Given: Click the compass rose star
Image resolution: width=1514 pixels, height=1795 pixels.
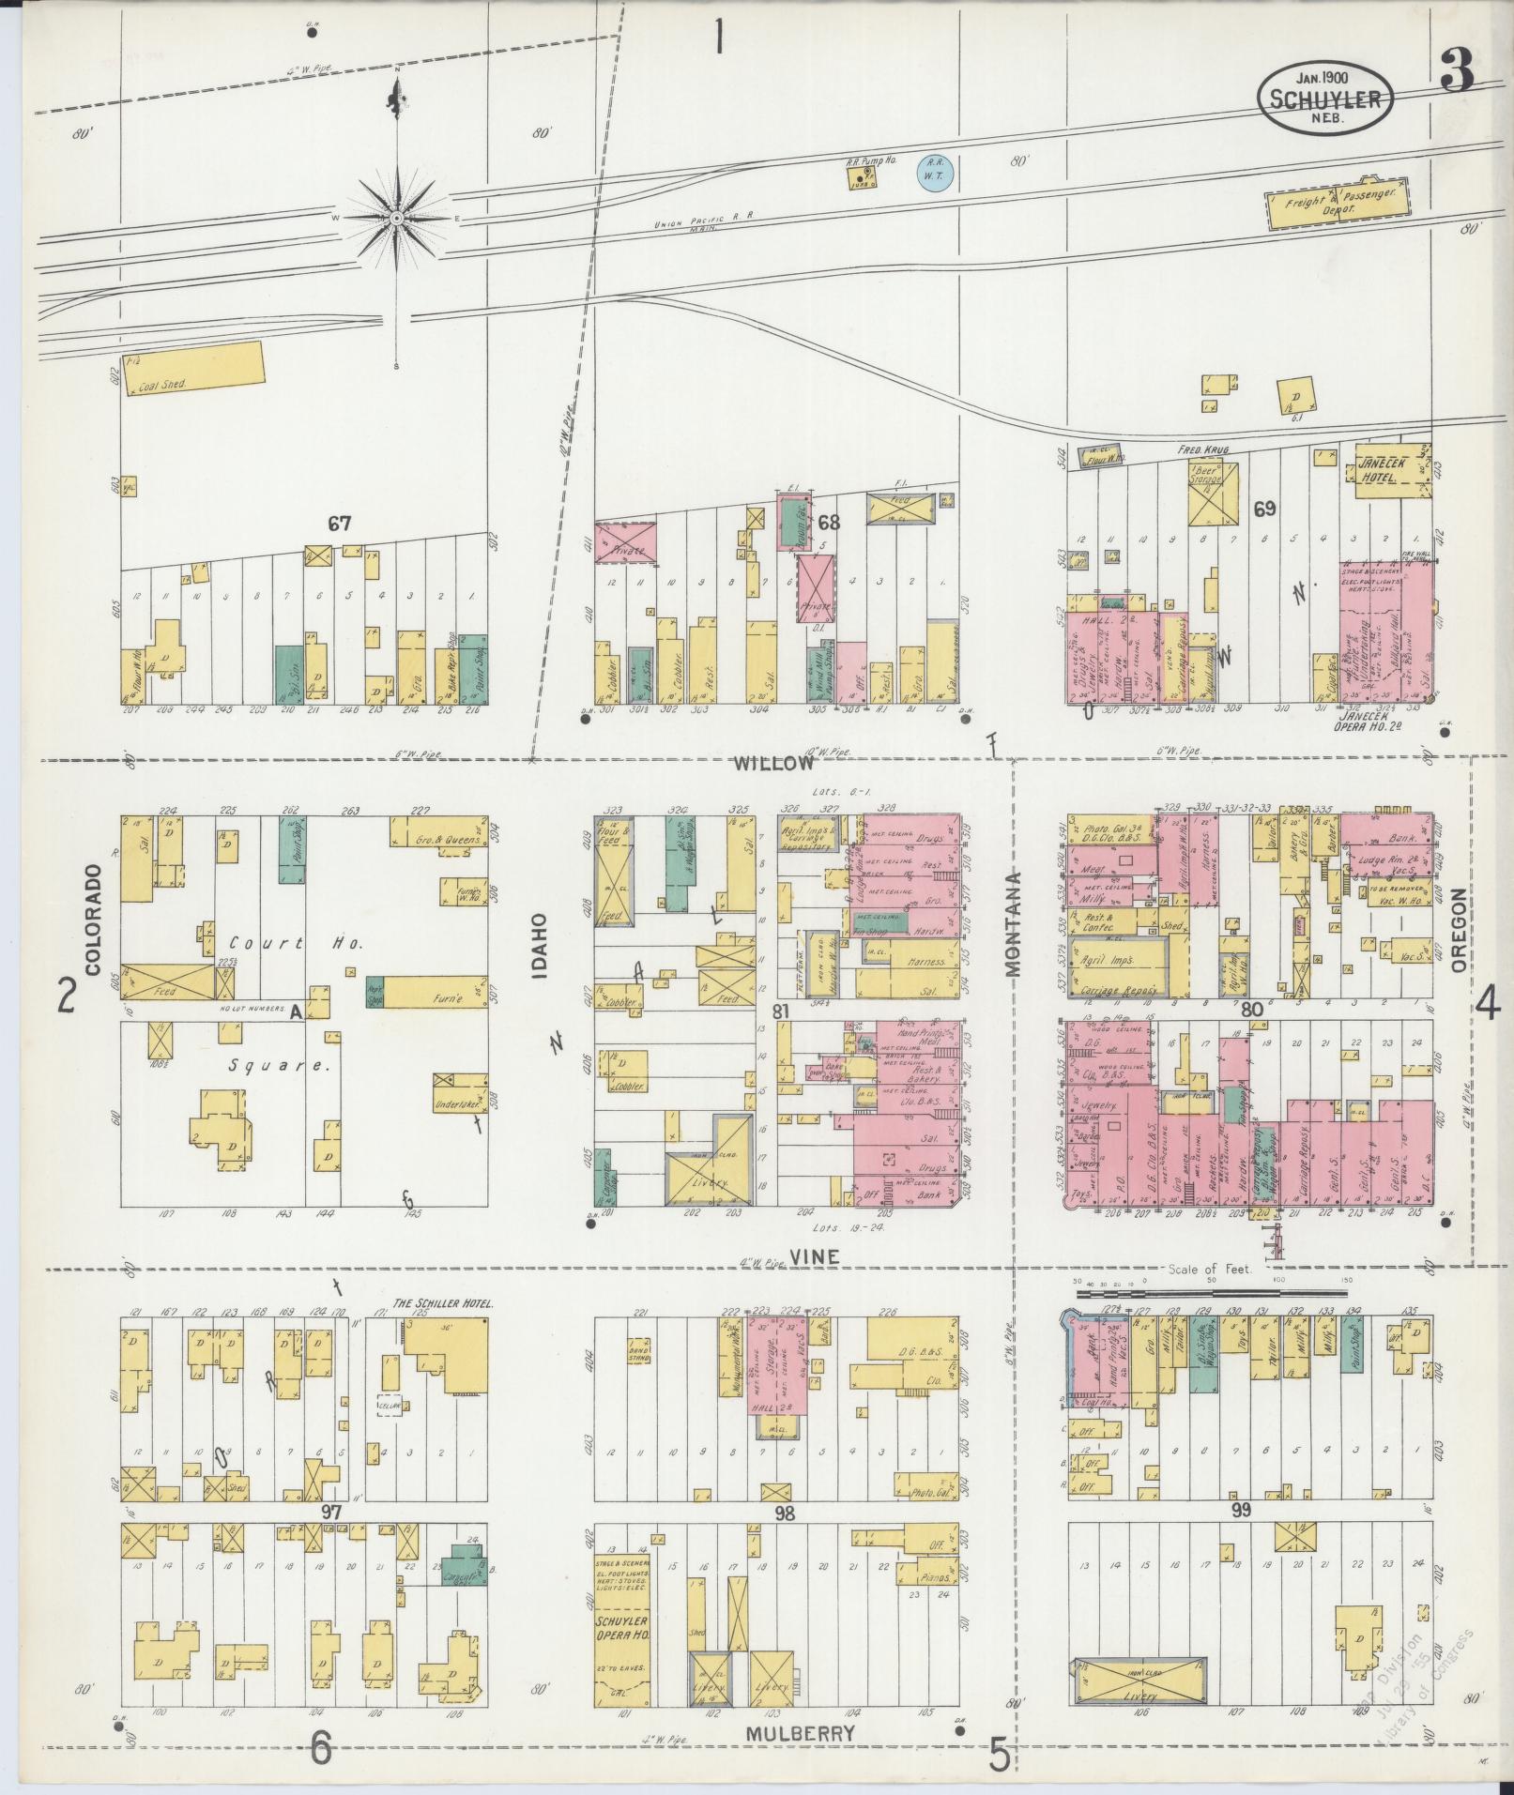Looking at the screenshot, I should pos(397,218).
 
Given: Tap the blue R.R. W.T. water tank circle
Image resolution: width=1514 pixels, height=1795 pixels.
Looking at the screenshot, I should pos(935,175).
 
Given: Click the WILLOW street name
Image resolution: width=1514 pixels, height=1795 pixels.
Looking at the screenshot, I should pos(773,763).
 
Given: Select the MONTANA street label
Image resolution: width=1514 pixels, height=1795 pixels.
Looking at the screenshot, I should pos(1016,924).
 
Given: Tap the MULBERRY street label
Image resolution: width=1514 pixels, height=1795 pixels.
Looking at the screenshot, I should pos(801,1733).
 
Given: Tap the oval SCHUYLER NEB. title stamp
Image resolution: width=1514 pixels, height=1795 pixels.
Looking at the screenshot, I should pos(1324,96).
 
